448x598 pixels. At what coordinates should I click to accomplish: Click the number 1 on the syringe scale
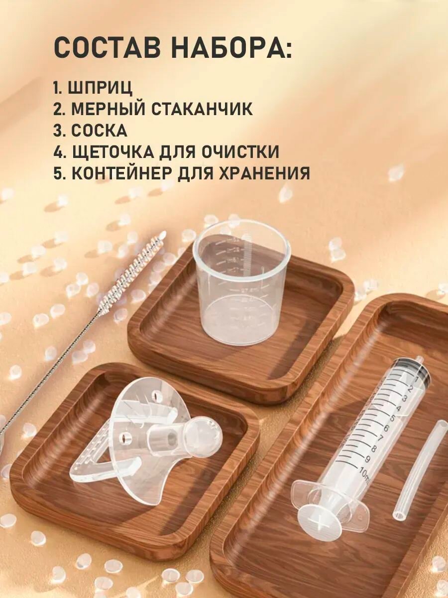[x=417, y=378]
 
